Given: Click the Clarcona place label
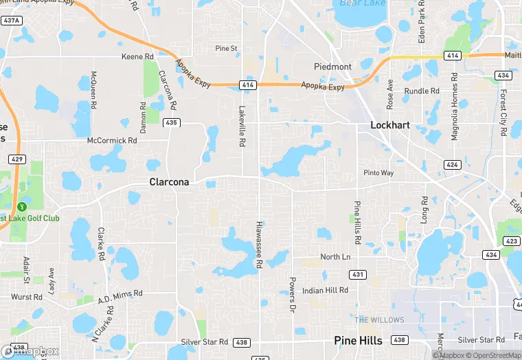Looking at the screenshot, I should pos(169,182).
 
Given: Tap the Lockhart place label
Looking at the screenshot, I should pos(389,125).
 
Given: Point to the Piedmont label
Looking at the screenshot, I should pos(332,67).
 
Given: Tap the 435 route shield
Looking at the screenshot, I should pos(172,122).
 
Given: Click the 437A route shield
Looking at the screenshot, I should pos(11,21).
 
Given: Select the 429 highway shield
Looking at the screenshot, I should pos(19,159).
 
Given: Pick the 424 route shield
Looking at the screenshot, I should pos(451,165).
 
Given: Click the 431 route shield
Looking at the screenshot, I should pos(357,274).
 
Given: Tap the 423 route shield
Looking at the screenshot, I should pos(512,240).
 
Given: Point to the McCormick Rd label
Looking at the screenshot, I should pos(112,140).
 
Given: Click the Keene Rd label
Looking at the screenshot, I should pos(137,56).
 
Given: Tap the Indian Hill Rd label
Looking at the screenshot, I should pos(325,291).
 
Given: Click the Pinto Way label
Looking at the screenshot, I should pos(378,172).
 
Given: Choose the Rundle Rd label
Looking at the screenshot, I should pos(422,91).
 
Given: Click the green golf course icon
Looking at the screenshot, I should pos(22,205).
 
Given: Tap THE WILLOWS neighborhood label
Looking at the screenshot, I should pos(379,320).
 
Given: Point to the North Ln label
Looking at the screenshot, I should pos(335,257).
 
